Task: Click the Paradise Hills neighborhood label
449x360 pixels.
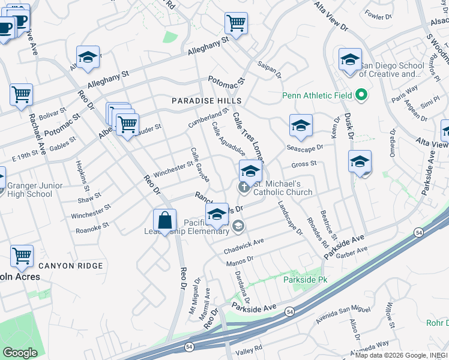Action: coord(206,101)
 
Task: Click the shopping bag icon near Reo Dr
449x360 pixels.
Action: coord(164,221)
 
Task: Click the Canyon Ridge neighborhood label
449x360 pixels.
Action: coord(64,265)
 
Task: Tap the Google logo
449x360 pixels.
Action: coord(20,353)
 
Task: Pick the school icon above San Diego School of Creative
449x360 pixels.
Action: coord(350,60)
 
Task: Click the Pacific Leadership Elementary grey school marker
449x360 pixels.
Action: coord(238,226)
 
